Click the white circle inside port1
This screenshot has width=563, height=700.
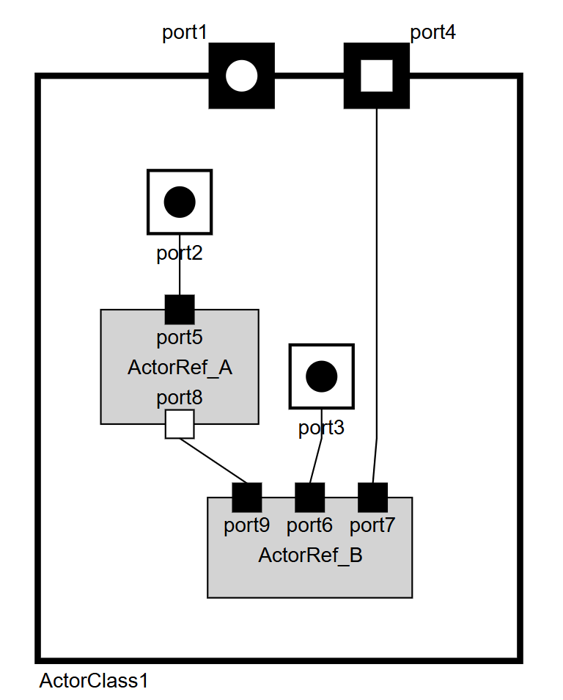(x=241, y=76)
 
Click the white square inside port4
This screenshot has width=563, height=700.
(x=377, y=76)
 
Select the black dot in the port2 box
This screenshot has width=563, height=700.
(x=180, y=202)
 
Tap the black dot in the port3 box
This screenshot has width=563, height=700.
(x=321, y=376)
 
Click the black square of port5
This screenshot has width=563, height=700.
(x=180, y=310)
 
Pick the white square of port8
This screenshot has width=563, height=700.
(x=180, y=424)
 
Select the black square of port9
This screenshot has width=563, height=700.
(x=247, y=497)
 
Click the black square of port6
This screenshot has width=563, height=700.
(x=309, y=497)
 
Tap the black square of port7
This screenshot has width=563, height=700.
(x=372, y=497)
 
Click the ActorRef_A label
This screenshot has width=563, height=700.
(x=180, y=368)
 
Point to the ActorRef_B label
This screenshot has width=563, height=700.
(x=310, y=555)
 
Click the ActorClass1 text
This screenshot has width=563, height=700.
(x=93, y=681)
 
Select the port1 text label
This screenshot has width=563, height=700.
(x=184, y=32)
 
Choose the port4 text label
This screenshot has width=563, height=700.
(x=433, y=32)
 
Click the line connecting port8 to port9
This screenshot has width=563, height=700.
(x=213, y=461)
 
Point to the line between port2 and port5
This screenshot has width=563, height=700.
(x=180, y=264)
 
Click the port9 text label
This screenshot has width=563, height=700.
(x=247, y=525)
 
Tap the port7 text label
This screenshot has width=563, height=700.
(x=372, y=525)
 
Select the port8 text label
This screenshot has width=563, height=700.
(x=180, y=398)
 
